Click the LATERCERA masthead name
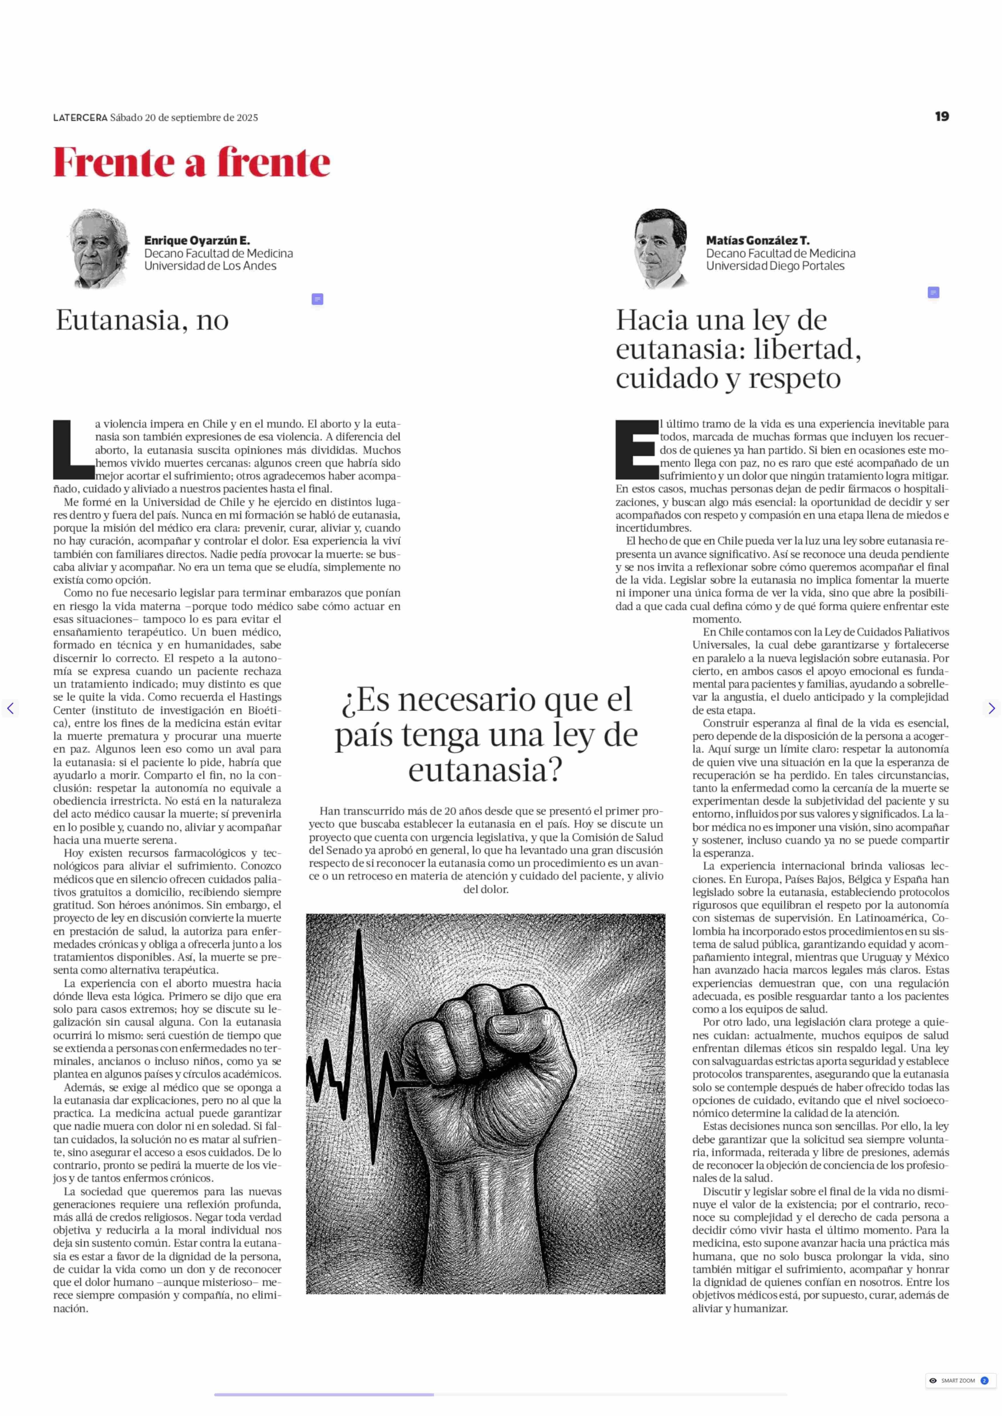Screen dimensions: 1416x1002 click(x=80, y=118)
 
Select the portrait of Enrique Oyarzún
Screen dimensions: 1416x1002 click(x=99, y=248)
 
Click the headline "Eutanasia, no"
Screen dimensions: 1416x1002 click(x=142, y=320)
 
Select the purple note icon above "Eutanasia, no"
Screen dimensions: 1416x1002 click(x=317, y=299)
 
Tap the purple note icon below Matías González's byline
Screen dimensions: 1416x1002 click(x=933, y=292)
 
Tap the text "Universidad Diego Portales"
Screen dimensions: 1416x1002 click(x=775, y=266)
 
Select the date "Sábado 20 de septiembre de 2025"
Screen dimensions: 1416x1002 click(x=184, y=118)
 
